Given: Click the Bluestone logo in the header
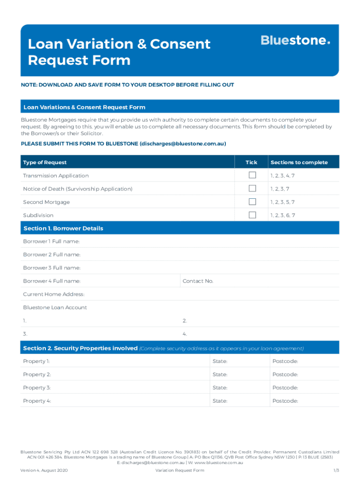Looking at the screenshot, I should click(295, 41).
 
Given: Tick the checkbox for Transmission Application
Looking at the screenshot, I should click(252, 175).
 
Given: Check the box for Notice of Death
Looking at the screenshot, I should click(252, 189).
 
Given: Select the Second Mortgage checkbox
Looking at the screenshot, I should click(252, 202).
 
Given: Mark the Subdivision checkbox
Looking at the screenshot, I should click(252, 215).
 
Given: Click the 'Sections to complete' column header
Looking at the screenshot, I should click(299, 162).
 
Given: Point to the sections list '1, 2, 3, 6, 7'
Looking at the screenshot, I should click(282, 215).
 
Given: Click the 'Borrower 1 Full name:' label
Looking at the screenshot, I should click(51, 241).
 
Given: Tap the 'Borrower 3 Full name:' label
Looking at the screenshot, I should click(52, 268).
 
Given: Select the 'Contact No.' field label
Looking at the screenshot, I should click(198, 281).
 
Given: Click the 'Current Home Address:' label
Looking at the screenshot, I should click(54, 294).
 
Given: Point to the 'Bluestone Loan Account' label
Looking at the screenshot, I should click(55, 307).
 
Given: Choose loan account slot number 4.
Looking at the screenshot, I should click(185, 334).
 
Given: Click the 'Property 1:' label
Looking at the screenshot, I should click(36, 361).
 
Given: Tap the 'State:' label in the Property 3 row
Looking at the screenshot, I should click(220, 388).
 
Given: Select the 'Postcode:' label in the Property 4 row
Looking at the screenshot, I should click(285, 401).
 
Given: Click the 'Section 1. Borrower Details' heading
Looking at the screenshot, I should click(63, 228).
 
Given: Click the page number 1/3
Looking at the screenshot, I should click(336, 470).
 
